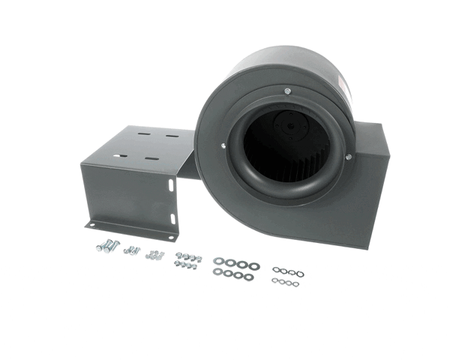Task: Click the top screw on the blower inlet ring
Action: (287, 91)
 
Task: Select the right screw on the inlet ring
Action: (347, 156)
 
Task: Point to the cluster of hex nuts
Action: (187, 260)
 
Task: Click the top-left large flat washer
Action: (218, 261)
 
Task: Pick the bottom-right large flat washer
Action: (248, 277)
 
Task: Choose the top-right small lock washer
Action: (300, 273)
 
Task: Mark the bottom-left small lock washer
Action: (275, 281)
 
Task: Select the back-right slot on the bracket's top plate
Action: (172, 136)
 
